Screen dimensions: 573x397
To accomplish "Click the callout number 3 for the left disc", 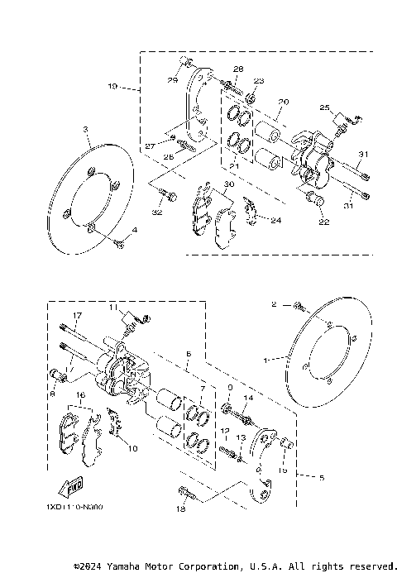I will [x=85, y=129].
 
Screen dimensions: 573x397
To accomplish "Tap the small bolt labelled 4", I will [x=121, y=243].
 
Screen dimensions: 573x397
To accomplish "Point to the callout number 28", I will [x=237, y=69].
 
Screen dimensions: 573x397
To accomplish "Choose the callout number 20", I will [x=283, y=102].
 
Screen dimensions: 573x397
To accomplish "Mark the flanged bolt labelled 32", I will [x=168, y=196].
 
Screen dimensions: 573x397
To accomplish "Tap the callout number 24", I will [x=275, y=220].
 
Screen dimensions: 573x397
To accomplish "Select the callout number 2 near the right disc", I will [x=274, y=304].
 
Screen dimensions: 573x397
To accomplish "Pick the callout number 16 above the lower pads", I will [x=81, y=396].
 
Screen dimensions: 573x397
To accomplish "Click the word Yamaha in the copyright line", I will [x=133, y=566].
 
